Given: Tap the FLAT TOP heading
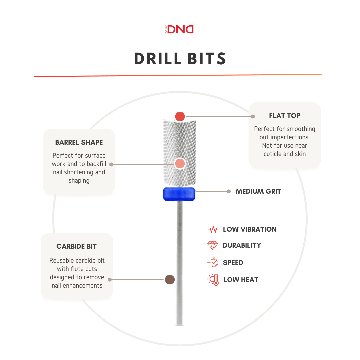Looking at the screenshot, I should (285, 116).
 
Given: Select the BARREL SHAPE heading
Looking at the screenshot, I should (79, 142).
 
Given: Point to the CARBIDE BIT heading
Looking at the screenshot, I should (77, 247).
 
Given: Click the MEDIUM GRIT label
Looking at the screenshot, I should (258, 191).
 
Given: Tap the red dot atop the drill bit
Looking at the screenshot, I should (180, 116).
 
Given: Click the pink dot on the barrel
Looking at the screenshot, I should (180, 164).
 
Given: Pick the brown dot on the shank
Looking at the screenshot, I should (170, 279).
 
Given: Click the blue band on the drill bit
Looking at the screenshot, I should (179, 194).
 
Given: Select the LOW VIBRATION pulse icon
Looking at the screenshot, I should (213, 230).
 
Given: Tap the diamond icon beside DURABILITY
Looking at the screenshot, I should (213, 246).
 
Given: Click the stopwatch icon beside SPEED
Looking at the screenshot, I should (213, 263).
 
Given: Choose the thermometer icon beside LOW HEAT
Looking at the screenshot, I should (213, 280).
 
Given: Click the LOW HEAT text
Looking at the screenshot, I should (241, 280).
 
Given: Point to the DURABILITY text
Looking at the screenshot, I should (242, 245).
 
